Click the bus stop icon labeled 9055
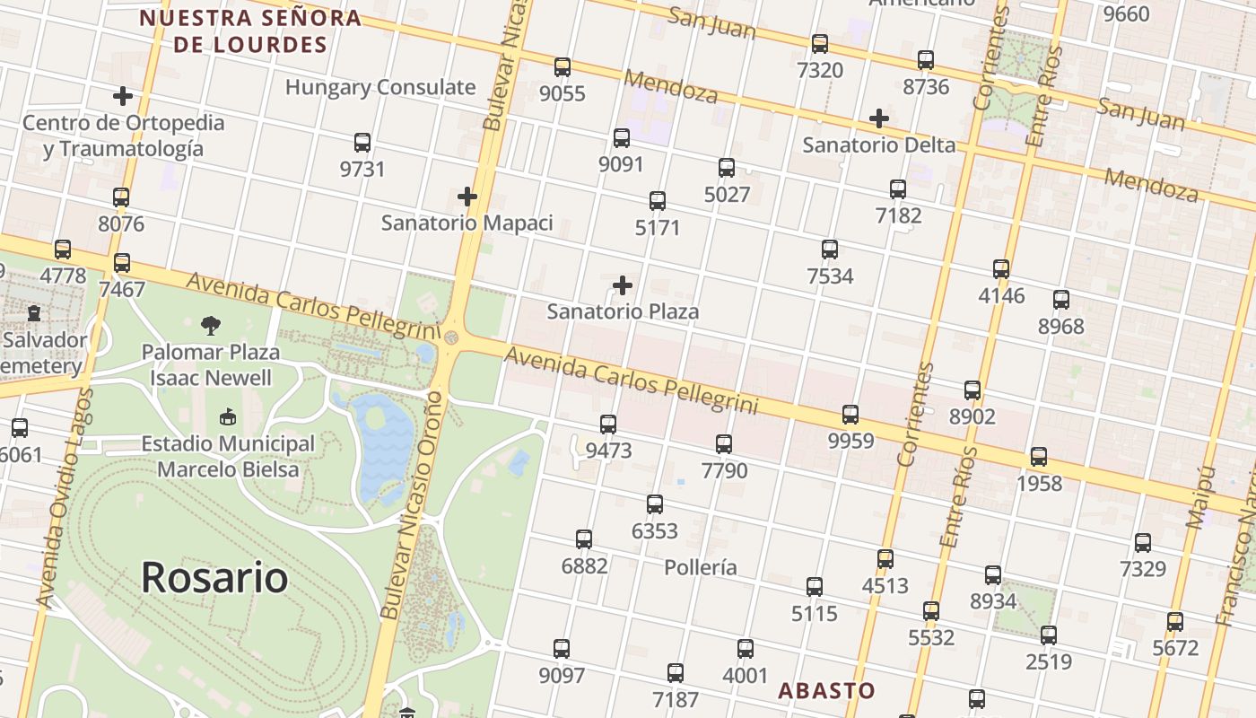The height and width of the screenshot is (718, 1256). pos(563,67)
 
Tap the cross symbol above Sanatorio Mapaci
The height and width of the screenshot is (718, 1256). pos(467,197)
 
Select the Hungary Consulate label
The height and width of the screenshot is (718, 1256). pos(380,87)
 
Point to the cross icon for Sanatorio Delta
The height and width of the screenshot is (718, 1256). pos(879,118)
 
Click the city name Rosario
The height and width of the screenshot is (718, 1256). pos(214,578)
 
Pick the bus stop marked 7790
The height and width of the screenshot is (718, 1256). pos(724,443)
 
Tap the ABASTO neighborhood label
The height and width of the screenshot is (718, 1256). pos(826,690)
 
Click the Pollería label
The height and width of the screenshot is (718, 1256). pos(701,567)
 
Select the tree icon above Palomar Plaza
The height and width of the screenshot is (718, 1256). pos(211,325)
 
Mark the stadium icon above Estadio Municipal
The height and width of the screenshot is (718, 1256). pos(228,417)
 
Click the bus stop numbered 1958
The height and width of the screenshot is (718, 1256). pos(1039,457)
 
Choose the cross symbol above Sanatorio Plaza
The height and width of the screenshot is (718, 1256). pos(623,286)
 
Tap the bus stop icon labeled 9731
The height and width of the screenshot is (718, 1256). pos(362,143)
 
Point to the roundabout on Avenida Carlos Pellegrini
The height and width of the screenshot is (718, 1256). pos(451,337)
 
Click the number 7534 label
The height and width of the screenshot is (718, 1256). pos(830,276)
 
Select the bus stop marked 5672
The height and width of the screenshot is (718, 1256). pos(1175,621)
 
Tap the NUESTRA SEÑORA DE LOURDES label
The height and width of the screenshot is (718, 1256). pos(250,31)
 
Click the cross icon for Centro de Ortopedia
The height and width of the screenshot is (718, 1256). pos(123,96)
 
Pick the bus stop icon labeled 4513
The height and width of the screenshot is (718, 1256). pos(885,559)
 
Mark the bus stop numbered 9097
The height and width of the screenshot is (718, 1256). pos(562,648)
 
